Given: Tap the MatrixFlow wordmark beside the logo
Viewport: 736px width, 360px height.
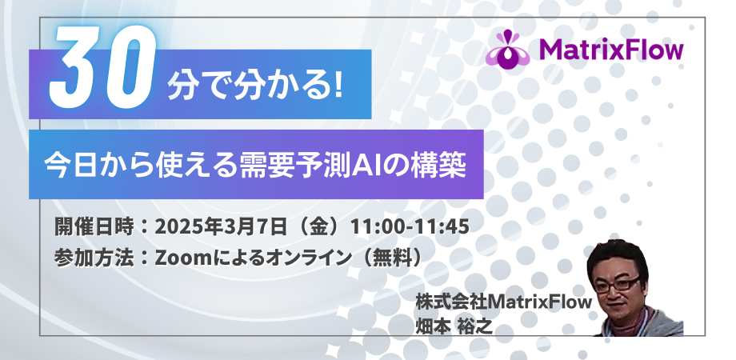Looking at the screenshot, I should (x=611, y=50).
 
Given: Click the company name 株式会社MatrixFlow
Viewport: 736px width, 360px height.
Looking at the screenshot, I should (x=504, y=302).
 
